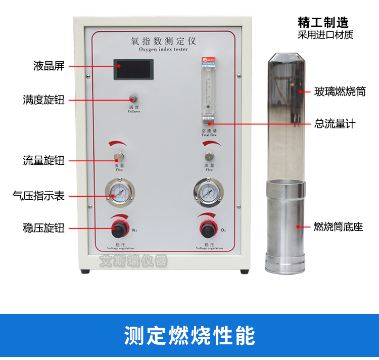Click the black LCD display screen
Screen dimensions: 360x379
pyautogui.click(x=133, y=70)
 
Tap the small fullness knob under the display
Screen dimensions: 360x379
pyautogui.click(x=134, y=98)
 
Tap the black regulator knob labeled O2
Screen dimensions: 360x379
pyautogui.click(x=208, y=229)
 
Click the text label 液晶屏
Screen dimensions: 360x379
pyautogui.click(x=49, y=66)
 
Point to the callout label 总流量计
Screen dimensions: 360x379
pyautogui.click(x=335, y=123)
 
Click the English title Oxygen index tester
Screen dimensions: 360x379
pyautogui.click(x=162, y=50)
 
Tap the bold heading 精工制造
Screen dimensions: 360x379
pyautogui.click(x=323, y=23)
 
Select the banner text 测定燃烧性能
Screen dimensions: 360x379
pyautogui.click(x=189, y=336)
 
